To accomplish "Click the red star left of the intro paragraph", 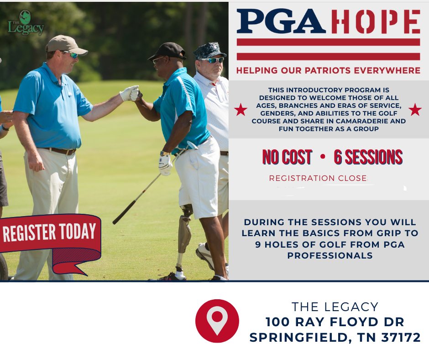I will pyautogui.click(x=241, y=110).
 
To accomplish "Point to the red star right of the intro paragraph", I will pyautogui.click(x=415, y=110).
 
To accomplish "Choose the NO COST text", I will pyautogui.click(x=287, y=158).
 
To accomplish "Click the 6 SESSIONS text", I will pyautogui.click(x=368, y=158).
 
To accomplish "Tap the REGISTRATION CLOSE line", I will pyautogui.click(x=318, y=178).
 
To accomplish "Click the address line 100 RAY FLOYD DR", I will pyautogui.click(x=335, y=322).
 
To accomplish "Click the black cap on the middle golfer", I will pyautogui.click(x=167, y=50).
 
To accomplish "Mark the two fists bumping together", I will pyautogui.click(x=132, y=93).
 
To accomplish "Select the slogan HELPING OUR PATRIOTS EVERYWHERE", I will pyautogui.click(x=328, y=71).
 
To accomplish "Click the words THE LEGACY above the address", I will pyautogui.click(x=335, y=307).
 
